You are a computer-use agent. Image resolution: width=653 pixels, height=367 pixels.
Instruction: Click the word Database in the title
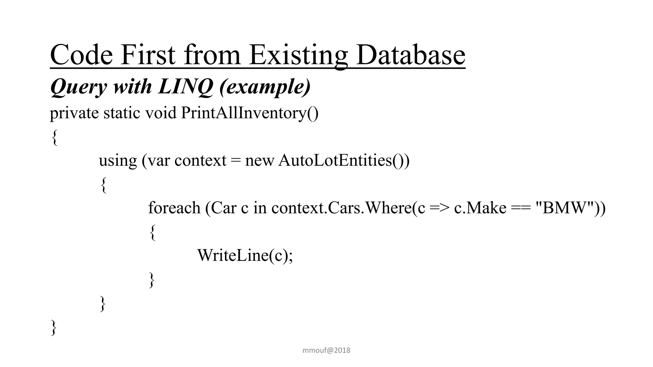410,55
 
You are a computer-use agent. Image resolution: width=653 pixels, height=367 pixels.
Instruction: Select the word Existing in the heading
298,55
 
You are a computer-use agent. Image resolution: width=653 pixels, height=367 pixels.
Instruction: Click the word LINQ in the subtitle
185,86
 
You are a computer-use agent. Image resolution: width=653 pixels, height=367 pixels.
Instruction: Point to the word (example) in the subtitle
265,86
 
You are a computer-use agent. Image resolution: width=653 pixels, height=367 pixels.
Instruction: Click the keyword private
74,113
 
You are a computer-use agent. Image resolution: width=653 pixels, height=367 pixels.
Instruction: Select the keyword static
121,113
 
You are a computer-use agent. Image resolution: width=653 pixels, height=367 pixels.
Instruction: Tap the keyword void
161,113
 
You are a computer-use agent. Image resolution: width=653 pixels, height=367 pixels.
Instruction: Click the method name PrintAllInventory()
249,113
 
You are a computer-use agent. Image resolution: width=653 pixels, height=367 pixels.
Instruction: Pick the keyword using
118,161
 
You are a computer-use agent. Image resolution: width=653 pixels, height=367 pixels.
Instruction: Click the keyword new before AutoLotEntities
259,161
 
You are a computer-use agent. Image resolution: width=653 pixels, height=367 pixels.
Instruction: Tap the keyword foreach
174,208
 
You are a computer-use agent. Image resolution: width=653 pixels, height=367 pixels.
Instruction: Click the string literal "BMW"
565,208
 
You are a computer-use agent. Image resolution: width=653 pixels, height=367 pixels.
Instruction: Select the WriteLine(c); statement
245,255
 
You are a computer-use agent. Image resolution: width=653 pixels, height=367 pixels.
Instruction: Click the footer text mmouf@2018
326,350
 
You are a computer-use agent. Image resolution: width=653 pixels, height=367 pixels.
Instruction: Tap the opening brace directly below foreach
152,232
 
